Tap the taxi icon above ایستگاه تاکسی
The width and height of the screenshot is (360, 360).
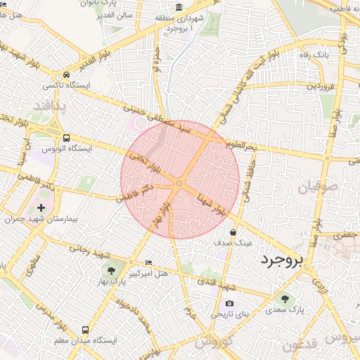pos(65,75)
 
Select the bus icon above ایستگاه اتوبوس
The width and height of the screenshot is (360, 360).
pos(65,139)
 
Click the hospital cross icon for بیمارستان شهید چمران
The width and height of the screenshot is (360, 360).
pos(41,207)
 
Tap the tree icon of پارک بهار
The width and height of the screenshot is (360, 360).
pos(110,271)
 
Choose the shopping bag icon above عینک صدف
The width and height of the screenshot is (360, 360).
pos(232,232)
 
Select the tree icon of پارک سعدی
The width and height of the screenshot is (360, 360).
pos(285,299)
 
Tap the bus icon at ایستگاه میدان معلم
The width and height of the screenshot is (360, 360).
pos(85,329)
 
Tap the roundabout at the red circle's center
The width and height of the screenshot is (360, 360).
pos(180,183)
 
